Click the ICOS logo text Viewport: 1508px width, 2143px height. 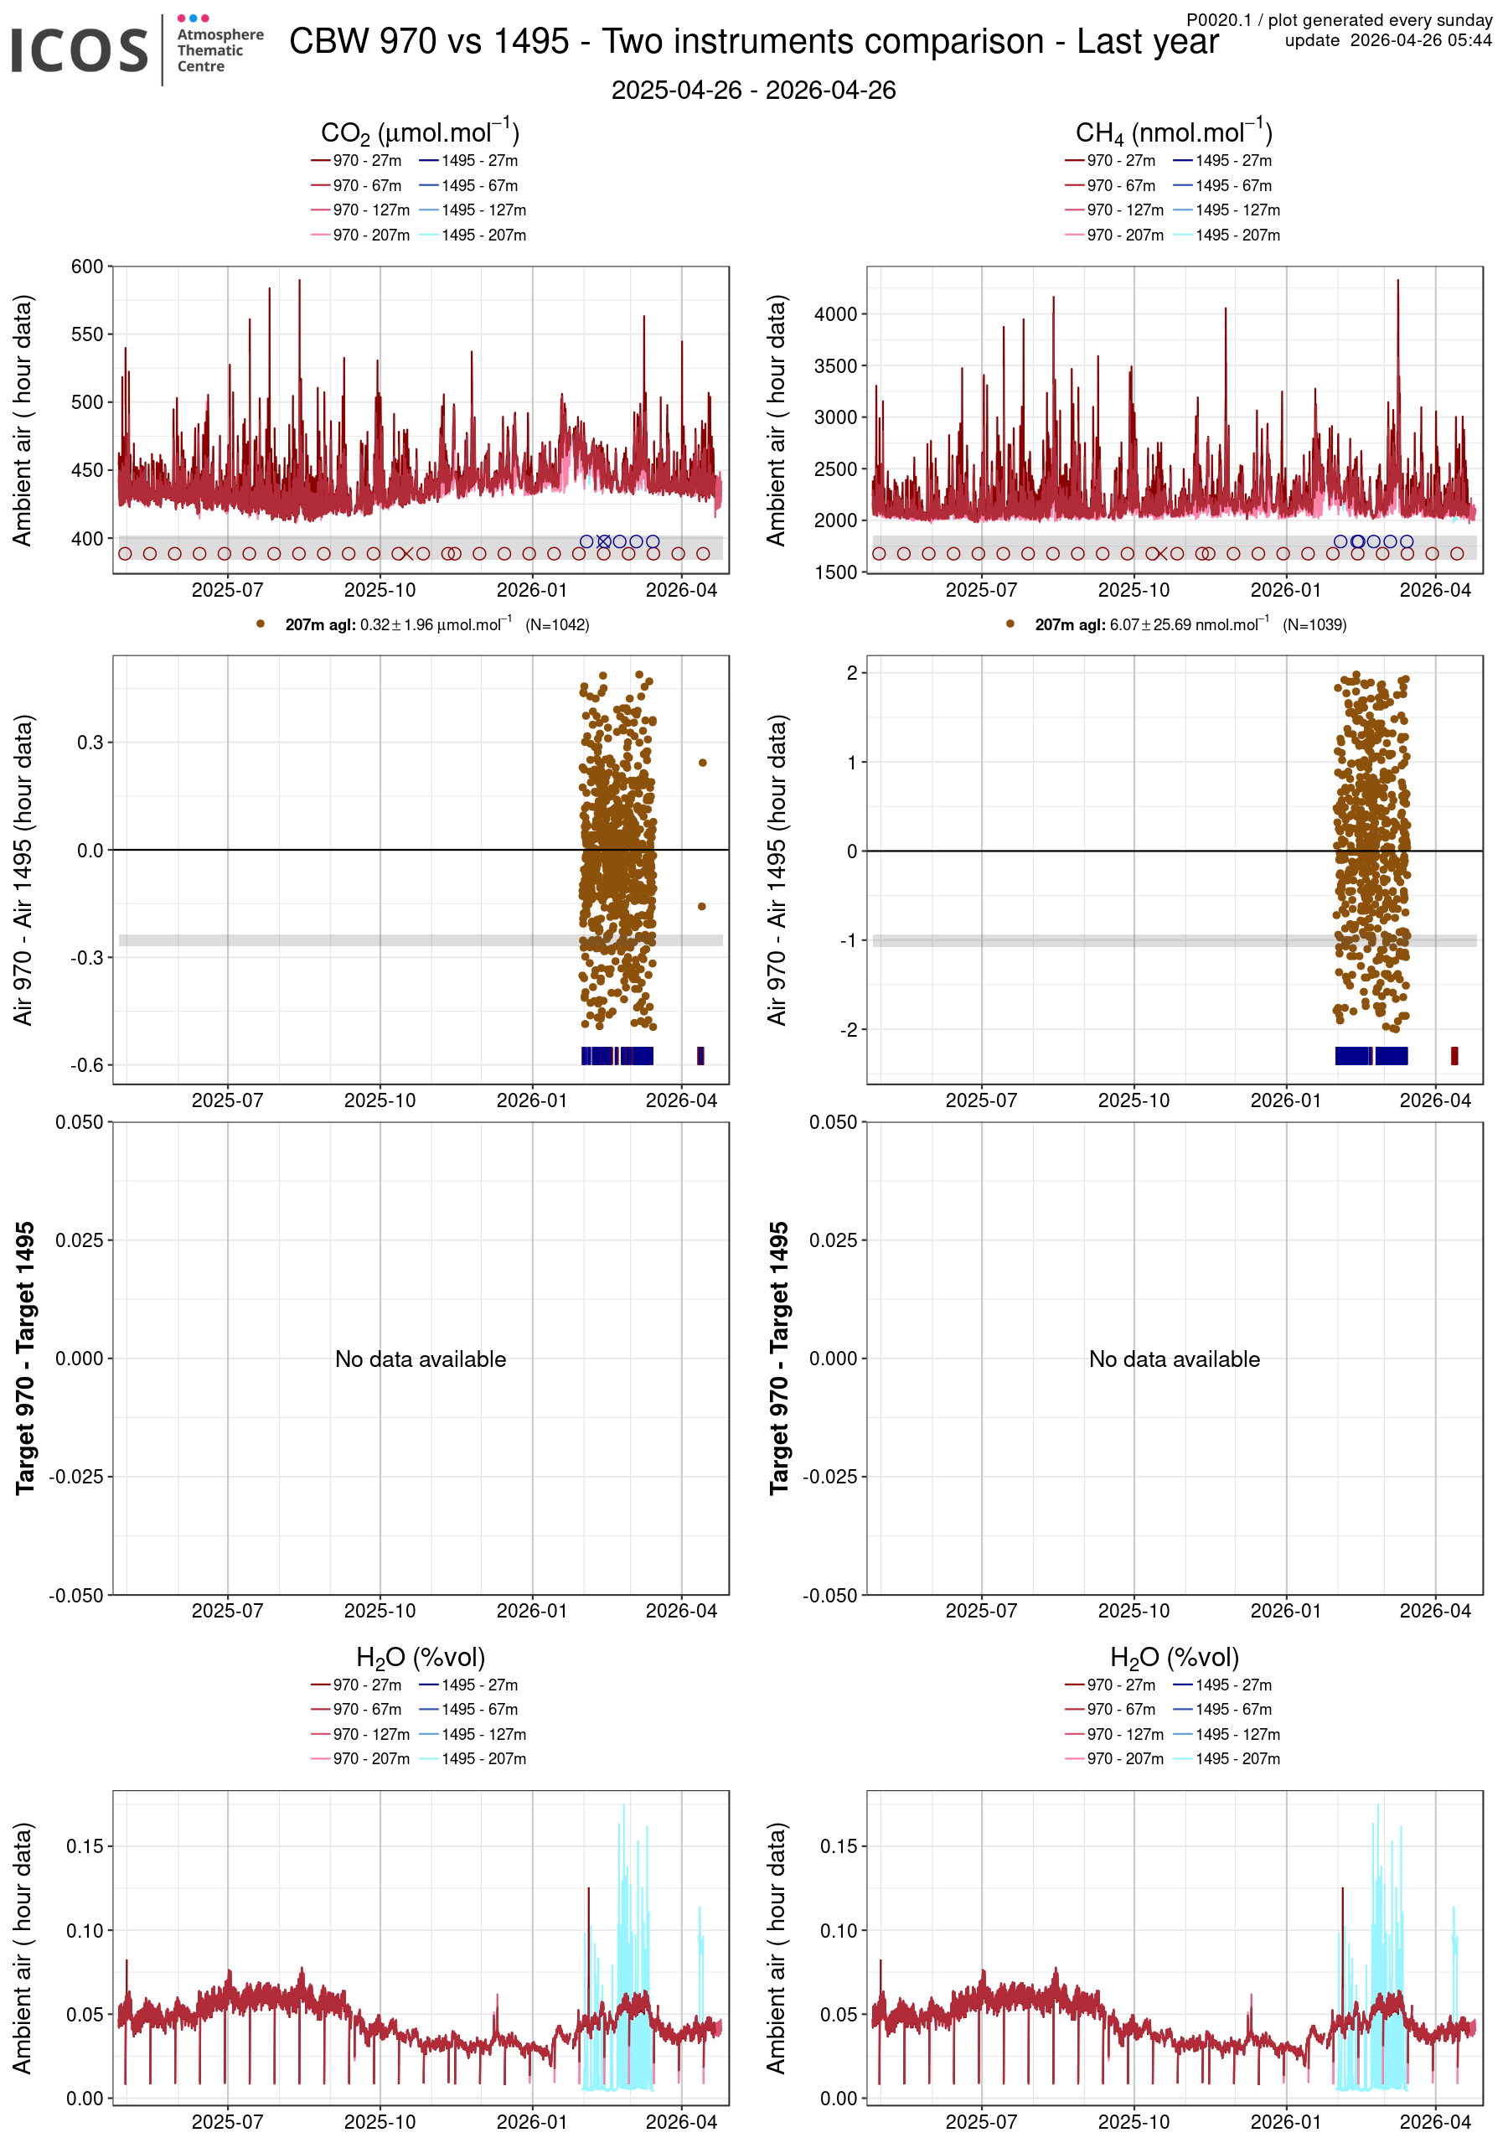(80, 50)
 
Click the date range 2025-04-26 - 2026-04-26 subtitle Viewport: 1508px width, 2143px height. (753, 91)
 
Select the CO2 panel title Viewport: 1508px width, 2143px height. (420, 132)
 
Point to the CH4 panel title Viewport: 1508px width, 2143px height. (1174, 132)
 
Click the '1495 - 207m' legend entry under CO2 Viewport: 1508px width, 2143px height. (483, 236)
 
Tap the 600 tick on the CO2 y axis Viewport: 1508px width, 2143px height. (87, 267)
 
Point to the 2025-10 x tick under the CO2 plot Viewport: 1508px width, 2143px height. (380, 590)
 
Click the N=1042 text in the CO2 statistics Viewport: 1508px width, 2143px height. (557, 625)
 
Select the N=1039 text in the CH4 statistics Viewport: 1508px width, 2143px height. (1314, 625)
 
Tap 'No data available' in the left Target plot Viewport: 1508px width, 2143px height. (420, 1359)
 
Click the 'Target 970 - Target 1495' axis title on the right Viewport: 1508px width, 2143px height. (778, 1358)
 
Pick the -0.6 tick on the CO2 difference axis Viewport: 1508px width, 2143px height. (87, 1065)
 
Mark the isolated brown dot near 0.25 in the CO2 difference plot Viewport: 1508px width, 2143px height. (703, 763)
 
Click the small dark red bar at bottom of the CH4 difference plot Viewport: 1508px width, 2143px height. (1454, 1056)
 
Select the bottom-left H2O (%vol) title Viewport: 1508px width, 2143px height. (420, 1657)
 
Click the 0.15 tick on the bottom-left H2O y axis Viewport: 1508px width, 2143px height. (85, 1846)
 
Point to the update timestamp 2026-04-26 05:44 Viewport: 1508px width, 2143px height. (1387, 40)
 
